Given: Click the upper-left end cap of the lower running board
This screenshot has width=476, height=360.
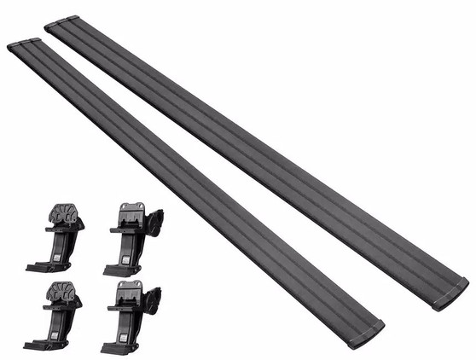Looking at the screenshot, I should (22, 44).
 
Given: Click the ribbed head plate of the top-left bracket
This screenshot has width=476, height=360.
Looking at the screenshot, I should (64, 213).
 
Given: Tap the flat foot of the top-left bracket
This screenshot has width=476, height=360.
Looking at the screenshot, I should (43, 267).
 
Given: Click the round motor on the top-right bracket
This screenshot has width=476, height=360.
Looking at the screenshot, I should (154, 224).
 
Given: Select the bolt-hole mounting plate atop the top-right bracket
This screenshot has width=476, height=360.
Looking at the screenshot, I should (131, 209).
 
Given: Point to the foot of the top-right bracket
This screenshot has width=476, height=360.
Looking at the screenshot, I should (119, 270).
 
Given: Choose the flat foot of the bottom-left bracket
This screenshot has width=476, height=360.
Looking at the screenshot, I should (40, 344).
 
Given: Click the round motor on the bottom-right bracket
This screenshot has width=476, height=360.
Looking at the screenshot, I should (153, 300).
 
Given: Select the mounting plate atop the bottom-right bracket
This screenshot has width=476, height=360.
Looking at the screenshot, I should (129, 287).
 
